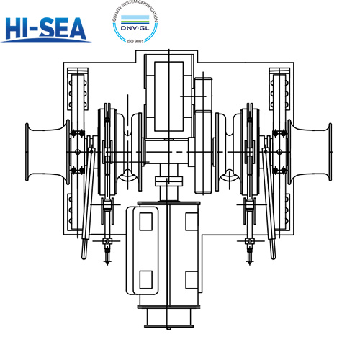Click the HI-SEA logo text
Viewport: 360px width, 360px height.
coord(45,29)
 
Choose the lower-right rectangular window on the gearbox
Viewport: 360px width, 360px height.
coord(191,279)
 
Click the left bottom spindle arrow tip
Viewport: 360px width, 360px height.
coord(107,264)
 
